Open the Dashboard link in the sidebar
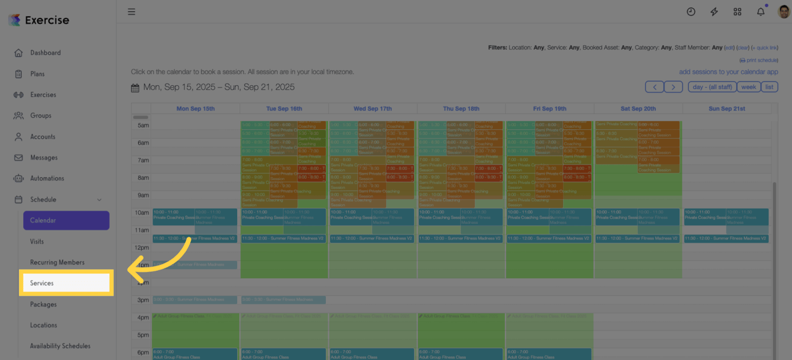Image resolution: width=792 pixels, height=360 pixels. coord(45,53)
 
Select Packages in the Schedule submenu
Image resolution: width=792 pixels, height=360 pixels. coord(43,304)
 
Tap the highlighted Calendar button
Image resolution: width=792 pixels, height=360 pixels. coord(66,220)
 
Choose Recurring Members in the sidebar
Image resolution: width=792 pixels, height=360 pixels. coord(57,263)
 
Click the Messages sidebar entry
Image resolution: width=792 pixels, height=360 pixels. coord(44,158)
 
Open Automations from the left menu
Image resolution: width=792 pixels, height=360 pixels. coord(47,179)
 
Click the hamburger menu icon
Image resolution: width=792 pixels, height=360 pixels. coord(132,12)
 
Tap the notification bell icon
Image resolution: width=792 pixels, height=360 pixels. coord(761,12)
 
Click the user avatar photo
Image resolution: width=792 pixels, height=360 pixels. coord(784,12)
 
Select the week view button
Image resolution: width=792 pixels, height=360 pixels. coord(749,87)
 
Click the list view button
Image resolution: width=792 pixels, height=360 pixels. coord(769,87)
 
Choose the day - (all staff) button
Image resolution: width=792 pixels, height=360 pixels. coord(713,87)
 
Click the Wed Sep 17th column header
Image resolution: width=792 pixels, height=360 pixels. coord(373,108)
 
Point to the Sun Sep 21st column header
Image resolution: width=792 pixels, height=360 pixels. coord(726,108)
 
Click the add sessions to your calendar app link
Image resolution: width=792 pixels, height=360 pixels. coord(728,72)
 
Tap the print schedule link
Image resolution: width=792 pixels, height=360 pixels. coord(761,60)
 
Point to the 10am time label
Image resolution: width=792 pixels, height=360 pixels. coord(142,213)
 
